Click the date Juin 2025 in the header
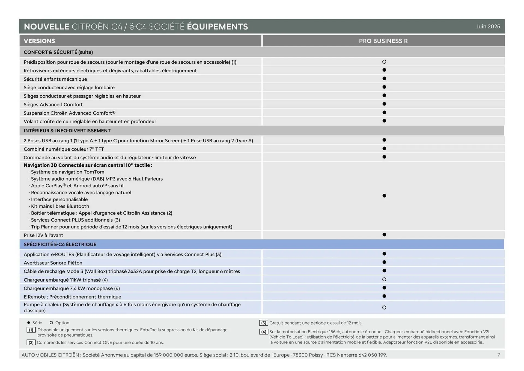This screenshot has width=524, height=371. coord(488,26)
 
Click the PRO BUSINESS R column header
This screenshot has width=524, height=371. coord(383,41)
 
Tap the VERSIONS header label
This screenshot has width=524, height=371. coord(39,41)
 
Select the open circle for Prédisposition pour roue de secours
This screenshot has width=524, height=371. coord(384,62)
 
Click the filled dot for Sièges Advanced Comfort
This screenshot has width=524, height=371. coord(384,104)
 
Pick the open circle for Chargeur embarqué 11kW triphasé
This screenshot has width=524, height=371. coord(384,279)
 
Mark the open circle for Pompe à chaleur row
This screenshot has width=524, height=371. coord(384,307)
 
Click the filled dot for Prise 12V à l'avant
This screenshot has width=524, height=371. coord(384,235)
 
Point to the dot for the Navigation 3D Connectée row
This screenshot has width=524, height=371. coord(384,196)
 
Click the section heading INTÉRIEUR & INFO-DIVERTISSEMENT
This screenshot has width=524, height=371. coord(67,131)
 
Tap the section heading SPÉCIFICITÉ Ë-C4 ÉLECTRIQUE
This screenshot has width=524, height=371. coord(60,244)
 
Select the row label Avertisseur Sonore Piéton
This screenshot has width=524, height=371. coord(53,263)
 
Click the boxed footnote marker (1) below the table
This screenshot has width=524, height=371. coord(31,330)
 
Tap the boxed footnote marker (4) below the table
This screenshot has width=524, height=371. coord(263,332)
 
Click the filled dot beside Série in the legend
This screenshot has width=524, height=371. coord(29,323)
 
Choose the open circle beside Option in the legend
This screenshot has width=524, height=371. coord(51,323)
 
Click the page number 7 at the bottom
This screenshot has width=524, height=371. coord(499,355)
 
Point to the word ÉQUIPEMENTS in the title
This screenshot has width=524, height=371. coord(217,26)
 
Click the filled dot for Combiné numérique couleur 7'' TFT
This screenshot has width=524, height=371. coord(384,148)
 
